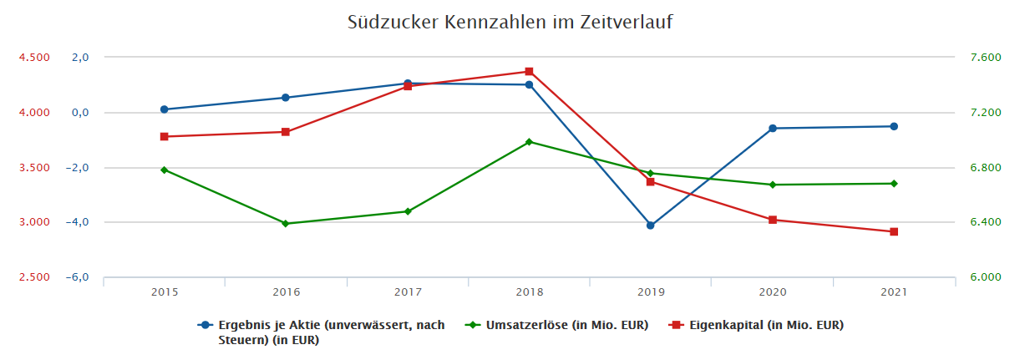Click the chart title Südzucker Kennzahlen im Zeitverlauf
[x=510, y=23]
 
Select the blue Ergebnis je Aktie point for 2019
[x=651, y=226]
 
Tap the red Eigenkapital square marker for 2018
[x=529, y=72]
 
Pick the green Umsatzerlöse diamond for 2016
[x=286, y=224]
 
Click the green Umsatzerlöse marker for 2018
[x=529, y=142]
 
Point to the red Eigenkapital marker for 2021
[x=894, y=232]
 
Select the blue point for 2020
[x=773, y=129]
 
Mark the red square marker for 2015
[x=165, y=137]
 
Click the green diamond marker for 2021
[x=894, y=184]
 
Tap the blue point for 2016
[x=286, y=98]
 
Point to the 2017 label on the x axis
[x=408, y=292]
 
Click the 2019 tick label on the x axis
[x=651, y=292]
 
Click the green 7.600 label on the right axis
[x=984, y=58]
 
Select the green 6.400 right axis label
[x=984, y=222]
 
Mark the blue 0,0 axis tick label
[x=79, y=113]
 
